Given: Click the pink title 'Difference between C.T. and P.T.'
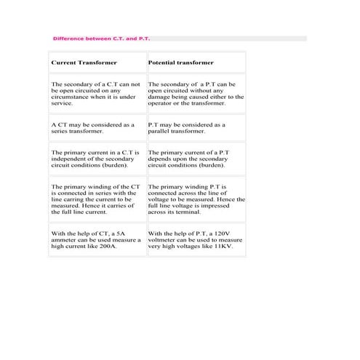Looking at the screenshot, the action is (x=101, y=38).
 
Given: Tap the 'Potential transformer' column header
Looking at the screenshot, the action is (x=181, y=63).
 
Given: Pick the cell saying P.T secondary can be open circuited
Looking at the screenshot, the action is (x=196, y=94).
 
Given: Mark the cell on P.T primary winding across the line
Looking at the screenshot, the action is (x=196, y=199).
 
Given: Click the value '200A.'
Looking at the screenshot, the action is (x=109, y=247).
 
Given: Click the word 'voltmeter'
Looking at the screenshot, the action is (x=163, y=240).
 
